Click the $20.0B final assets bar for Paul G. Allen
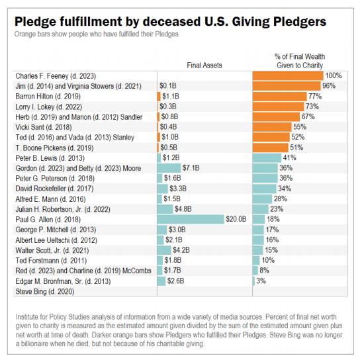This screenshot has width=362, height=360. coord(191,219)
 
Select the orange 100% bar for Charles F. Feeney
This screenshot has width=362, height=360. coord(288,75)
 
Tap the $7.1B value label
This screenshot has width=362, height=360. coord(191,168)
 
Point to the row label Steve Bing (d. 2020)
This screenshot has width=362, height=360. coord(45,291)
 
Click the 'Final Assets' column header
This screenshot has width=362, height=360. coord(204,66)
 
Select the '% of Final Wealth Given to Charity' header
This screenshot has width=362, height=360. coord(300,61)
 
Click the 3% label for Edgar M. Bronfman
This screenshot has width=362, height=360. coord(261,281)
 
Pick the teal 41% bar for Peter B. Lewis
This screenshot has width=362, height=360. coord(267,157)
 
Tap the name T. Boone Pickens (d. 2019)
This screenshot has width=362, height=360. coord(54,148)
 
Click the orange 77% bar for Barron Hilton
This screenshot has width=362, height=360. coord(280,97)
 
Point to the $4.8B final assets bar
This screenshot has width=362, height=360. coord(165,209)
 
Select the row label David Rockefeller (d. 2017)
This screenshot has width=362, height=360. coord(54,189)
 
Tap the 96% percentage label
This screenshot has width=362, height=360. coord(329,85)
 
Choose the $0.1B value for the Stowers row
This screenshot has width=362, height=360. coord(168,85)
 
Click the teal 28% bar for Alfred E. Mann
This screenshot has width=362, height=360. coord(263,199)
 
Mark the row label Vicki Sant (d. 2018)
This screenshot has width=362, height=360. coord(44,127)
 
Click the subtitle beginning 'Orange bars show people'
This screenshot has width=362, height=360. coord(97,34)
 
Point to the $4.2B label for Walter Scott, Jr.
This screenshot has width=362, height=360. coord(181,250)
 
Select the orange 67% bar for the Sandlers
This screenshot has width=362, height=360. coord(277,116)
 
